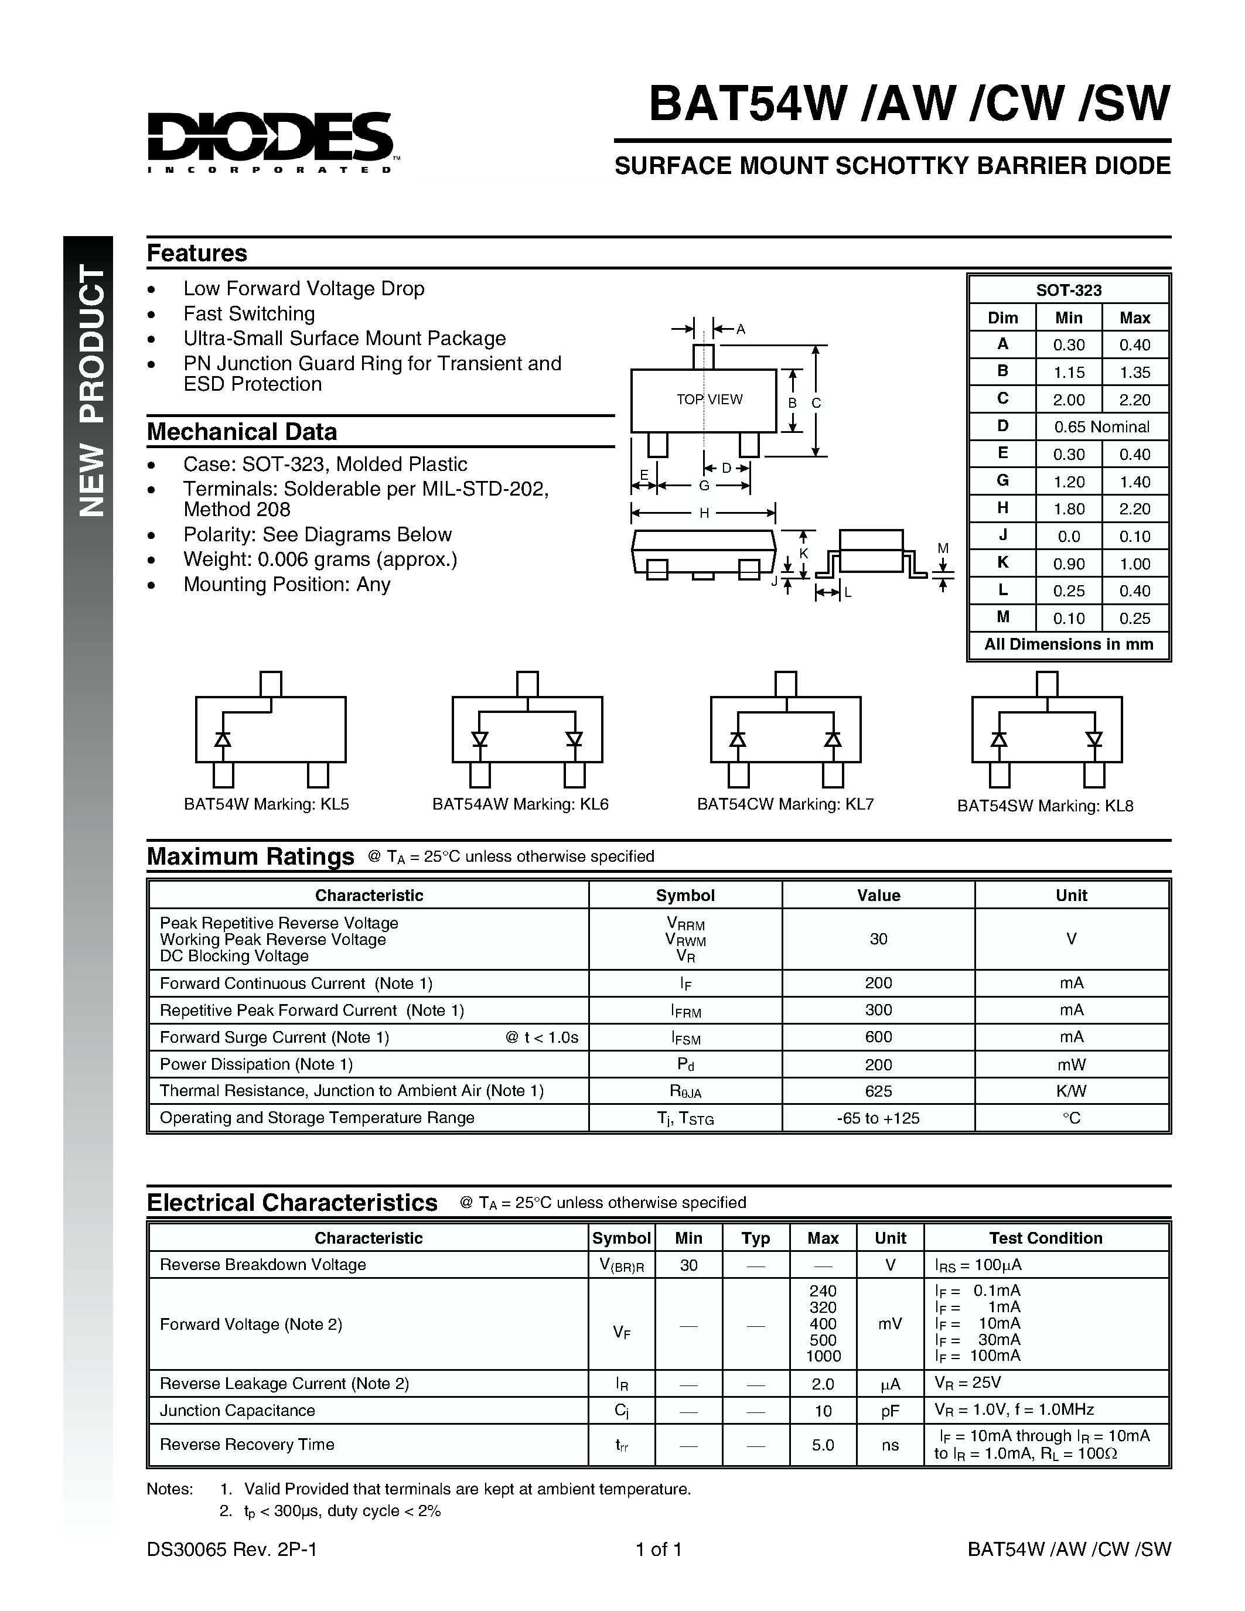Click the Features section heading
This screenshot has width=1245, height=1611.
click(197, 253)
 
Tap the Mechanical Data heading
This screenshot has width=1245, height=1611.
click(242, 432)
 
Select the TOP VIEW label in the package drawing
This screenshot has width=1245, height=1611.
click(710, 399)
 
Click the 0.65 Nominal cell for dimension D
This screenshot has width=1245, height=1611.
click(1101, 427)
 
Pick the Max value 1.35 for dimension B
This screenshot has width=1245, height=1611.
click(1134, 373)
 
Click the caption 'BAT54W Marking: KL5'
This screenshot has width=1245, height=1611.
click(266, 804)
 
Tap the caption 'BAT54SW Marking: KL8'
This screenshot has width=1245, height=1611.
click(1045, 806)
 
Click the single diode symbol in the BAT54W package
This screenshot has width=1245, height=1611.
click(223, 738)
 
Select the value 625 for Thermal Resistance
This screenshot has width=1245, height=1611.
click(878, 1091)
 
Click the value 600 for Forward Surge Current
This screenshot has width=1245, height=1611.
click(878, 1037)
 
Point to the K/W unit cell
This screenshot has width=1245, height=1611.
click(1071, 1091)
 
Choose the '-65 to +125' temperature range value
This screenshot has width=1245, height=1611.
click(878, 1118)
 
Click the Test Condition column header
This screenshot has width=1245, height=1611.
click(1045, 1238)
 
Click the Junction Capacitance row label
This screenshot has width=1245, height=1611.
click(237, 1411)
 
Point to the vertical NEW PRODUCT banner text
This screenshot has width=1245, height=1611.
click(91, 391)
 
